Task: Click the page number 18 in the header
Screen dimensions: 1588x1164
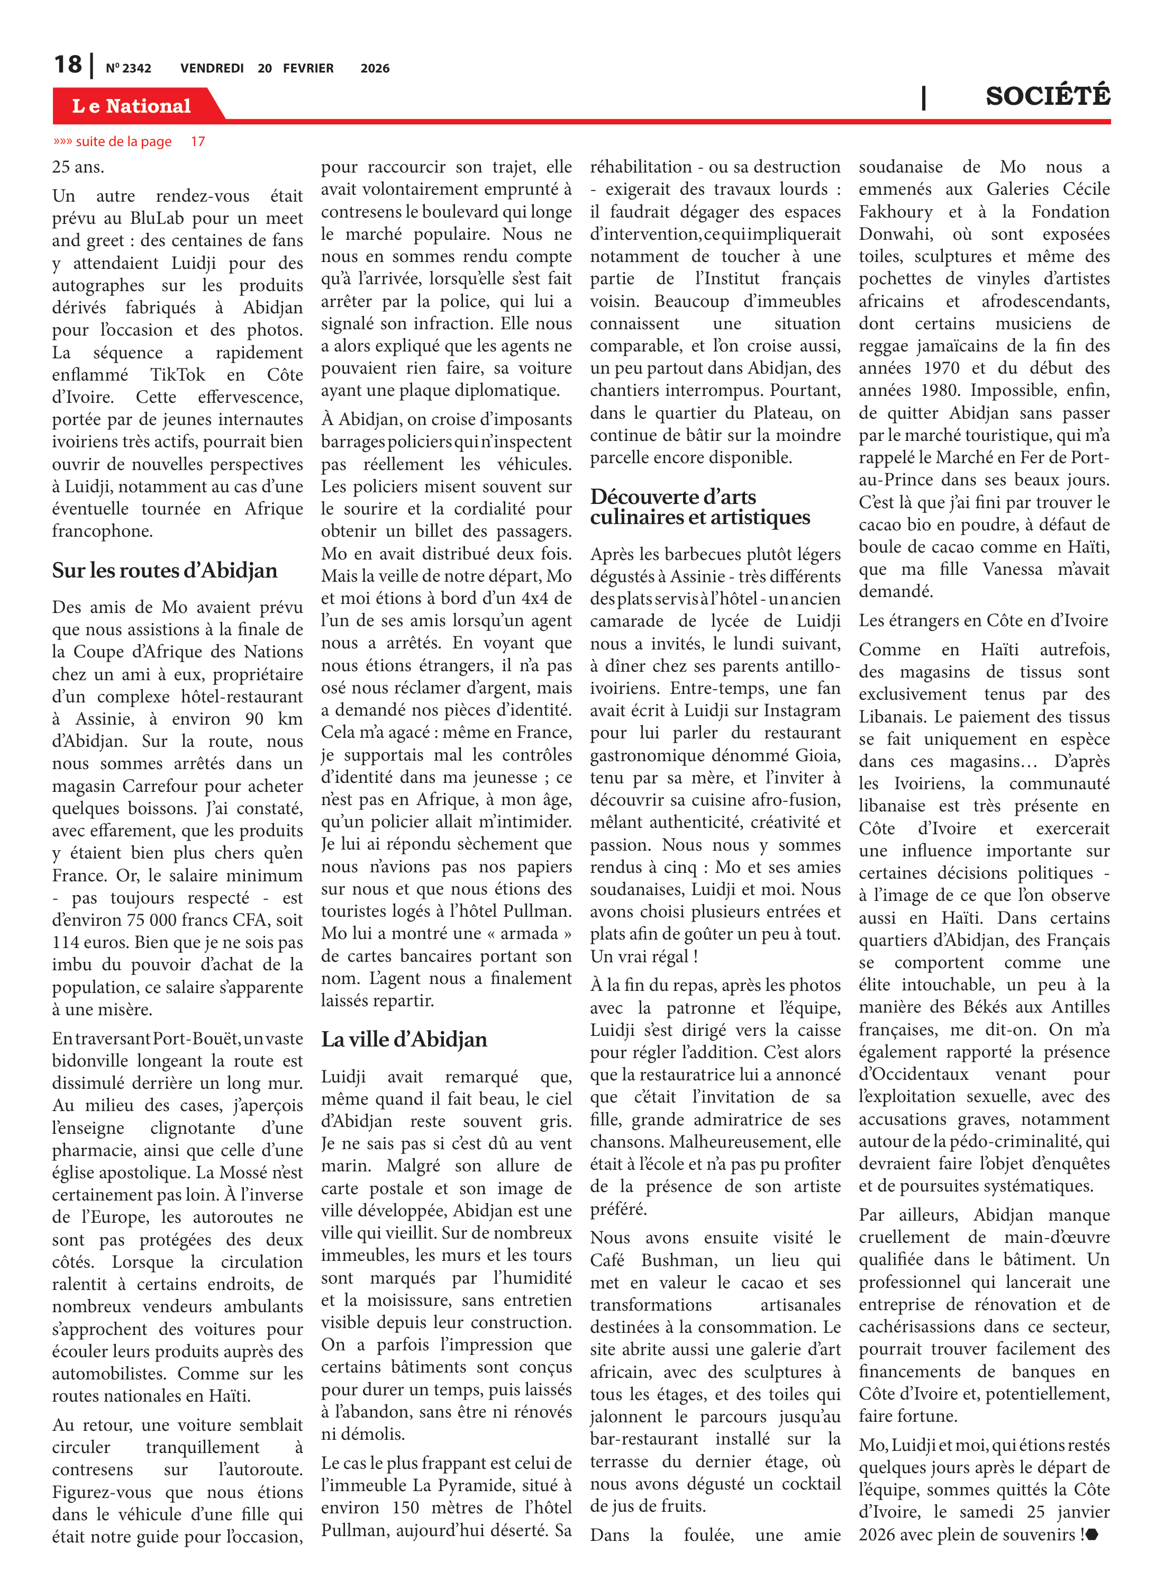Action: (x=68, y=65)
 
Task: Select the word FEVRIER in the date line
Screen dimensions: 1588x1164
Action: (x=308, y=68)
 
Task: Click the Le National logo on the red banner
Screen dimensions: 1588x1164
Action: (x=131, y=106)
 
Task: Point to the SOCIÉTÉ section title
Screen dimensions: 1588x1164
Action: (x=1047, y=96)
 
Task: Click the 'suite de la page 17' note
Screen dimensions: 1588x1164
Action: (x=129, y=142)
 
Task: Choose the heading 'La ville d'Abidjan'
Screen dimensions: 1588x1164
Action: (x=404, y=1039)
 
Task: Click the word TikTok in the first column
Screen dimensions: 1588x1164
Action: (x=178, y=375)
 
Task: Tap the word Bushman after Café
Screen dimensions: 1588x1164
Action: (x=678, y=1260)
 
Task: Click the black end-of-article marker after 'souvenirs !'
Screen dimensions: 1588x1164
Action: (x=1092, y=1535)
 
